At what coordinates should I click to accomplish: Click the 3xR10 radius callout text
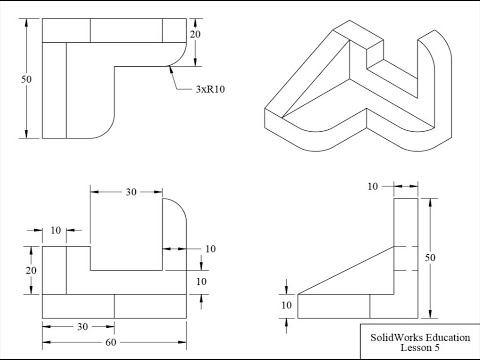pyautogui.click(x=210, y=89)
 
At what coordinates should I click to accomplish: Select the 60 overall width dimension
pyautogui.click(x=111, y=342)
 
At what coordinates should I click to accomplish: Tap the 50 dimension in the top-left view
pyautogui.click(x=26, y=79)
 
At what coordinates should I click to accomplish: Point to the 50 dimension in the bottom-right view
pyautogui.click(x=430, y=257)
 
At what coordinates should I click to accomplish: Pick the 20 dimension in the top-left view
pyautogui.click(x=195, y=34)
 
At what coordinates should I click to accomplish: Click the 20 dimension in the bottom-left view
pyautogui.click(x=31, y=270)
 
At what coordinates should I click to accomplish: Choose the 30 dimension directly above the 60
pyautogui.click(x=83, y=327)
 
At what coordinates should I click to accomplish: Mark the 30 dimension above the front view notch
pyautogui.click(x=131, y=192)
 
